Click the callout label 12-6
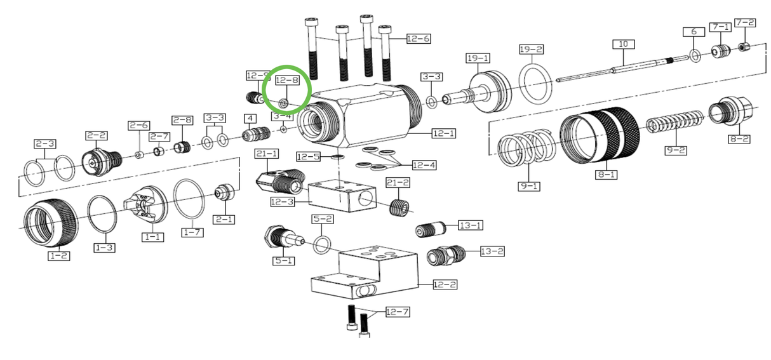[x=419, y=39]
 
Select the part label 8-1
[x=605, y=173]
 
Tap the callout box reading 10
[x=623, y=44]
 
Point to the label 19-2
[x=531, y=50]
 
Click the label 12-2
[x=445, y=284]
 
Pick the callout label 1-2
[x=59, y=256]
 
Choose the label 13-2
[x=492, y=251]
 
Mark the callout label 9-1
[x=529, y=187]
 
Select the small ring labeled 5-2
[x=322, y=243]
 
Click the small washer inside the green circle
[x=284, y=102]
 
